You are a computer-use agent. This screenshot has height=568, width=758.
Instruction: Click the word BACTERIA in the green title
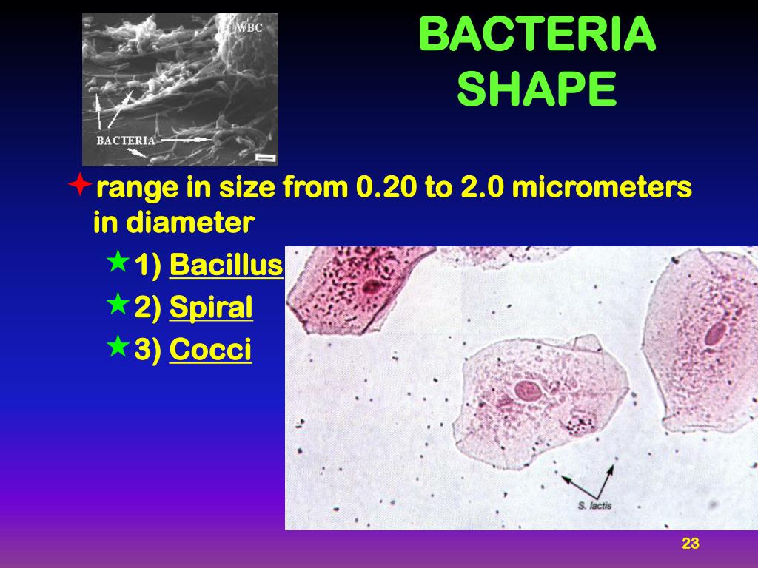tap(537, 35)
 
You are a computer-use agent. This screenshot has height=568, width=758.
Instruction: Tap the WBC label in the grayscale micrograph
tap(249, 29)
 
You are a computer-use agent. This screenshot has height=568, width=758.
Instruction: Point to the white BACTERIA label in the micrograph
tap(126, 140)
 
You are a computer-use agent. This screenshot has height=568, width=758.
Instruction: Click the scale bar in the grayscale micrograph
tap(264, 158)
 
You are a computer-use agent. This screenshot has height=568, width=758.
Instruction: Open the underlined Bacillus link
tap(226, 265)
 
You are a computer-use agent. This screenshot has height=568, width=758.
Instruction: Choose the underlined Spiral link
tap(211, 308)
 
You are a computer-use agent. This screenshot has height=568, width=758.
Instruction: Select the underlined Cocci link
tap(210, 350)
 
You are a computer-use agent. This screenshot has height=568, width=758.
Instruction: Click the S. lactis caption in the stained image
tap(595, 506)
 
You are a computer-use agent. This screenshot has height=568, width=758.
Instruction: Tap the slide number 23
tap(690, 544)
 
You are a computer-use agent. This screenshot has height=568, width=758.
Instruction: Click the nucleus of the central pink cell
tap(529, 390)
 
